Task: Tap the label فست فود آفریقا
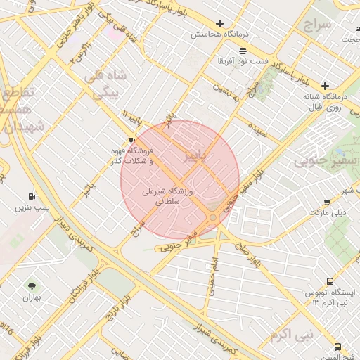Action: [243, 61]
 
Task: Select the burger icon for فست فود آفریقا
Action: [243, 51]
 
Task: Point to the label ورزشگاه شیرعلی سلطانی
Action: [172, 196]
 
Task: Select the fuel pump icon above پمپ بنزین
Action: [32, 197]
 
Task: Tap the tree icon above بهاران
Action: [31, 285]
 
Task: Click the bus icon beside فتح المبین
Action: [338, 347]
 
